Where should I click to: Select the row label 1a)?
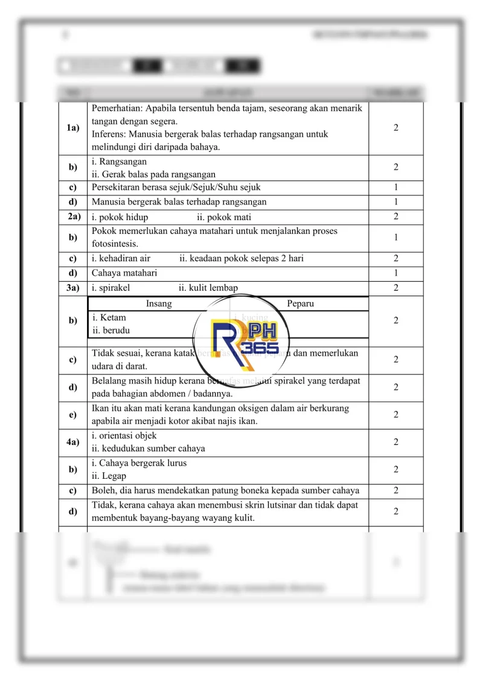(x=73, y=128)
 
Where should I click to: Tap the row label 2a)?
(x=73, y=216)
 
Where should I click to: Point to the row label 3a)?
(x=73, y=288)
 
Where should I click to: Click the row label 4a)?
(x=73, y=442)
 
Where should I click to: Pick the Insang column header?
(x=159, y=304)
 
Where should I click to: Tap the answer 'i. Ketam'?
(x=109, y=317)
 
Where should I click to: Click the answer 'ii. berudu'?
(x=111, y=330)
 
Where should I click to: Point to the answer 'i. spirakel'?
(x=111, y=288)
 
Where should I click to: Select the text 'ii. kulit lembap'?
(x=208, y=288)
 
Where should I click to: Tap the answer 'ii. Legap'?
(x=109, y=476)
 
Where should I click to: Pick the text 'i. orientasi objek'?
(x=124, y=435)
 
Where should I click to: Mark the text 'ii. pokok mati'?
(x=224, y=217)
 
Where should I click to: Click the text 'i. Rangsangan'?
(x=119, y=162)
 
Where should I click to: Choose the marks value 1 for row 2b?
(x=395, y=238)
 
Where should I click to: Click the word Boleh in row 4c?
(x=103, y=490)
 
